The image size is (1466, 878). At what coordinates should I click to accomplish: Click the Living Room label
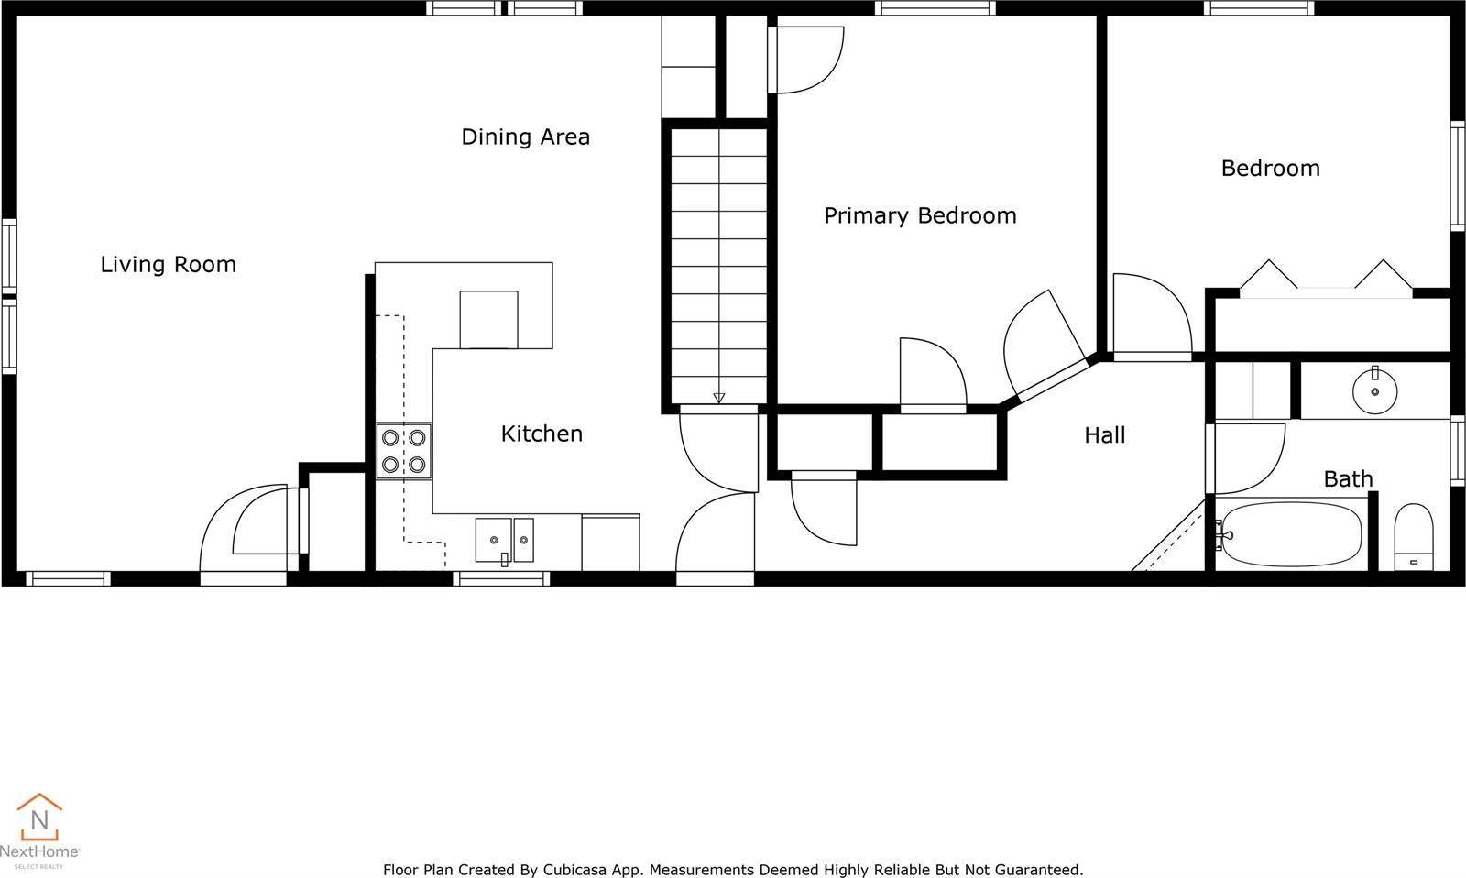point(168,265)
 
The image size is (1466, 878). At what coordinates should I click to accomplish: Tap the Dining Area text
point(525,137)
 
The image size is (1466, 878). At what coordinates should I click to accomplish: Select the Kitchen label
point(542,434)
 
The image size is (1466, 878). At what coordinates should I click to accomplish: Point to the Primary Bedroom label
point(920,216)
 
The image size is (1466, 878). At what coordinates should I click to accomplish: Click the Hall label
point(1104,435)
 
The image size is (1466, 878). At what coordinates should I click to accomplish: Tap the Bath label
point(1348,479)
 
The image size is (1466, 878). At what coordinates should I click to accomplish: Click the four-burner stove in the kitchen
point(403,452)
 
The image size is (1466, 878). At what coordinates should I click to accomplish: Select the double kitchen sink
point(504,540)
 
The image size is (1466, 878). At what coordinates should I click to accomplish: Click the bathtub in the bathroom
point(1292,534)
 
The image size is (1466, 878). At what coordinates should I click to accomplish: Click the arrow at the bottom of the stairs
point(719,397)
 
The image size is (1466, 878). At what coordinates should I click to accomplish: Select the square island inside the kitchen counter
point(488,319)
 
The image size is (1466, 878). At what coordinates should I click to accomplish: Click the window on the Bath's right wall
point(1457,450)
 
